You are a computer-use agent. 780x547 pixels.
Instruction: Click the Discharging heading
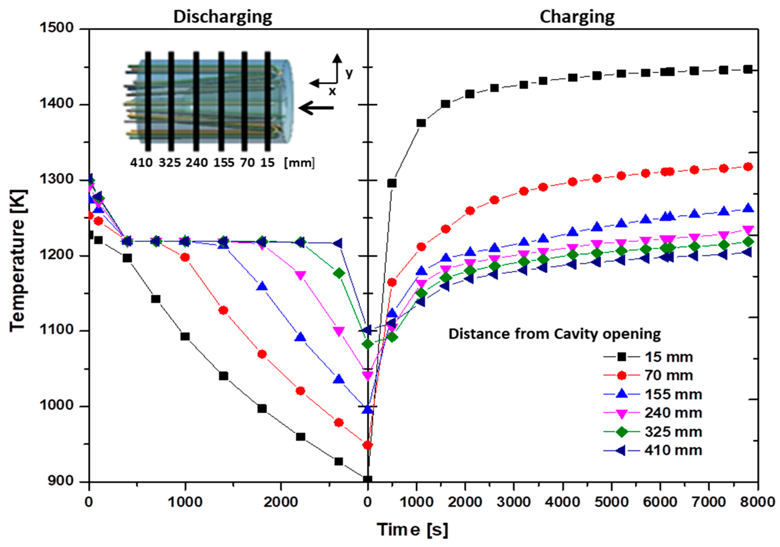coord(223,17)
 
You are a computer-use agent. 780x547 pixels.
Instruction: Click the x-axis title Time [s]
coord(412,530)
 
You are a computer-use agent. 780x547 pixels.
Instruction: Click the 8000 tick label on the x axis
coord(757,502)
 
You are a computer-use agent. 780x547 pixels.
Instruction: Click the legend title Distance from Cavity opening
coord(555,334)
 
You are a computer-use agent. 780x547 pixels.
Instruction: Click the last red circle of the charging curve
coord(748,167)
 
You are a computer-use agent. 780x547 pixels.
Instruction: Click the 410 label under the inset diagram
coord(141,163)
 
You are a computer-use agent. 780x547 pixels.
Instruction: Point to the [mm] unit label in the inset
coord(299,163)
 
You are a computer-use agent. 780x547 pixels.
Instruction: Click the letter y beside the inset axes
coord(349,73)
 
